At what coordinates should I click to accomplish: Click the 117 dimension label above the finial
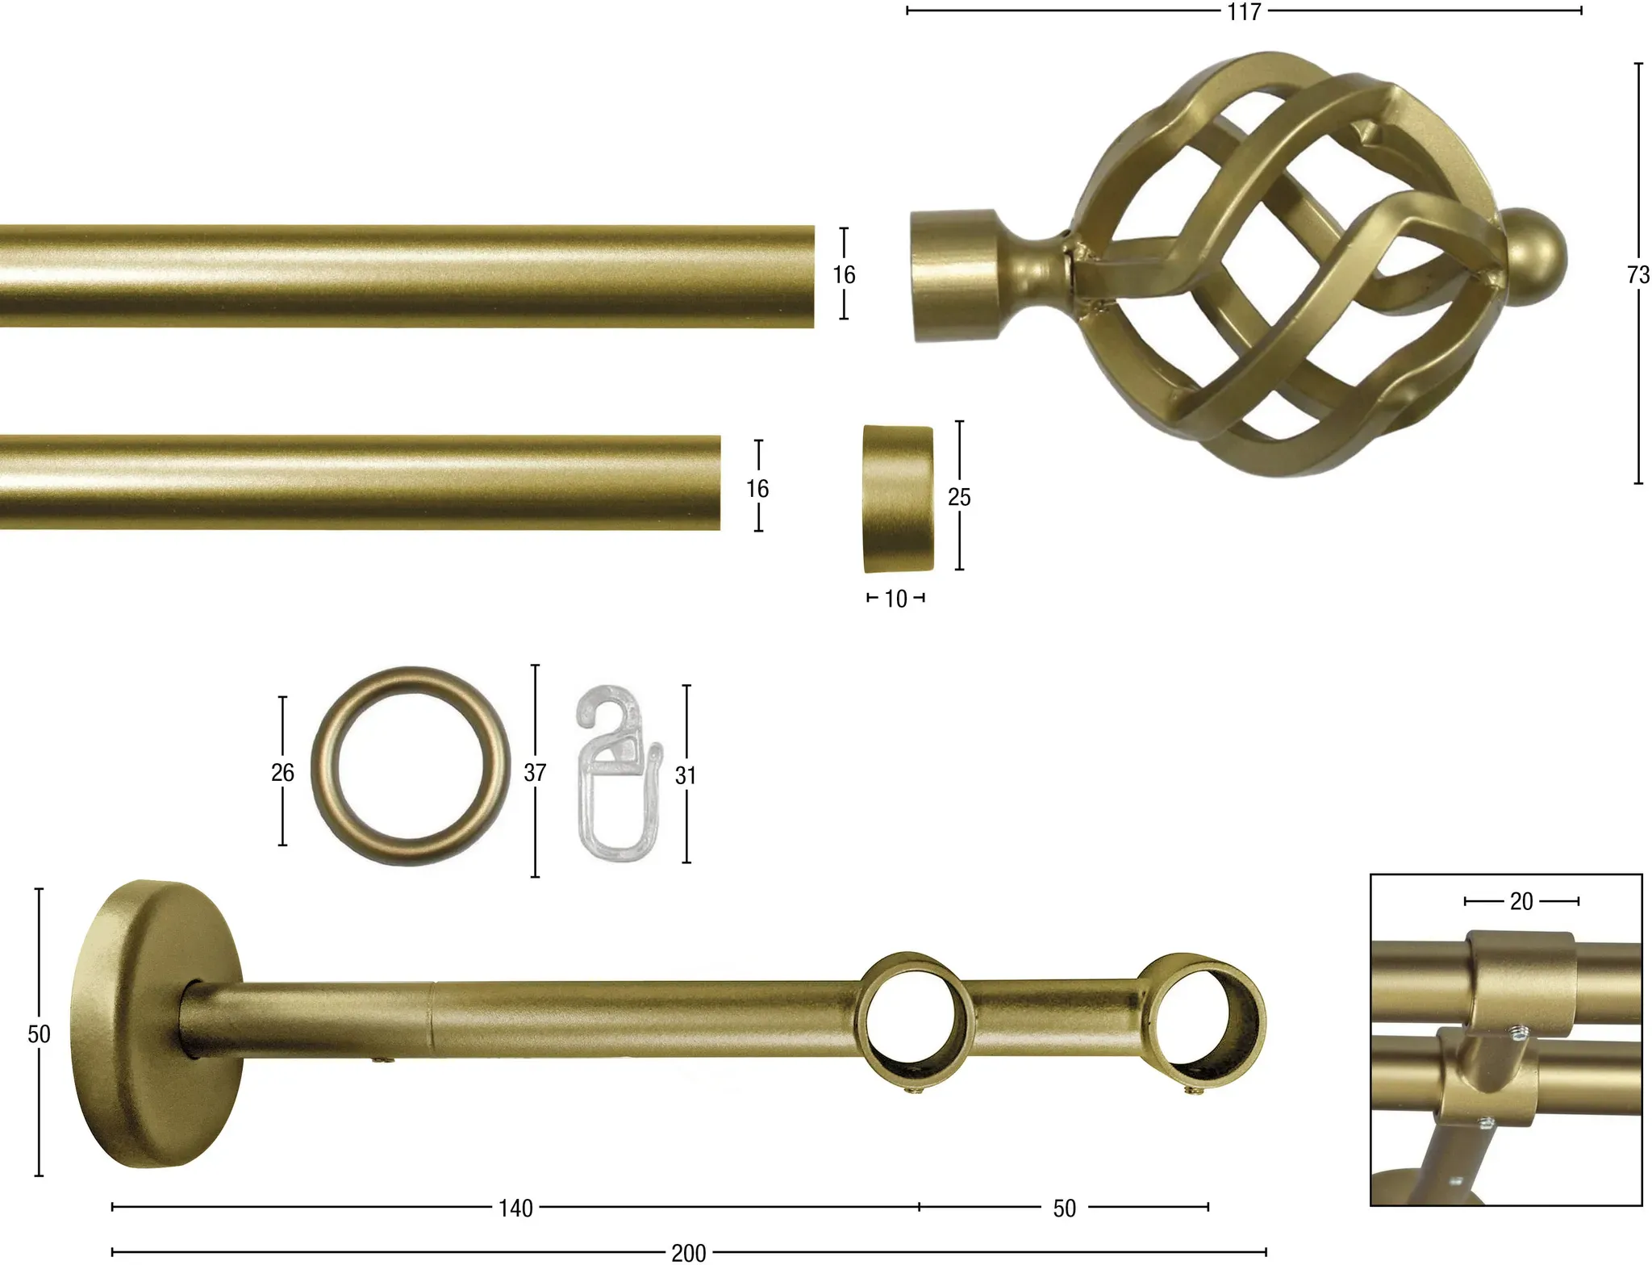(1244, 12)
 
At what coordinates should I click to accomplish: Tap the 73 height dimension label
(1638, 275)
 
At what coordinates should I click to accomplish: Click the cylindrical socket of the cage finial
(953, 275)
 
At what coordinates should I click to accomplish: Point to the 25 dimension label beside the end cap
(959, 497)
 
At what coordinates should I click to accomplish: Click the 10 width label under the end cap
(895, 599)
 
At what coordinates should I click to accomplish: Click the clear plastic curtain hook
(618, 774)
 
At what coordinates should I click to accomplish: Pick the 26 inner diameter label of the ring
(282, 772)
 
